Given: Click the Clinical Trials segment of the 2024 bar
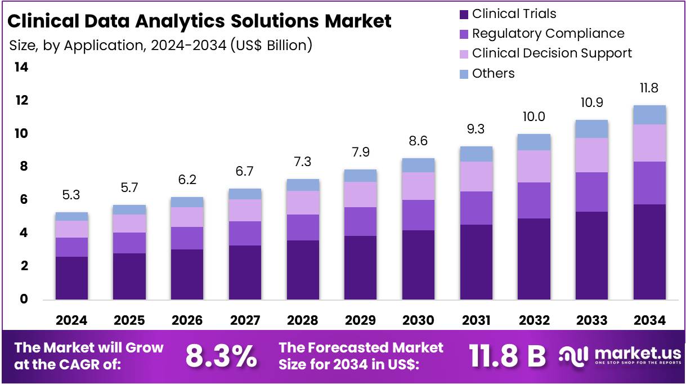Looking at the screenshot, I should pyautogui.click(x=71, y=278).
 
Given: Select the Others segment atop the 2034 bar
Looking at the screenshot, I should pyautogui.click(x=649, y=115).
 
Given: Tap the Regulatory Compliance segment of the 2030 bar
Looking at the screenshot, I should pyautogui.click(x=418, y=215).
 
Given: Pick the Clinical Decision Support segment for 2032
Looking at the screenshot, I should pyautogui.click(x=534, y=166).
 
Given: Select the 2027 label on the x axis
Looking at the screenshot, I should pyautogui.click(x=245, y=320).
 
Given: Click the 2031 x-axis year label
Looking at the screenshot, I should pyautogui.click(x=476, y=320).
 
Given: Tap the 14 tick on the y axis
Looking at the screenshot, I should pyautogui.click(x=21, y=68).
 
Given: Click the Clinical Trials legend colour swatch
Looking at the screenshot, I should pyautogui.click(x=464, y=14).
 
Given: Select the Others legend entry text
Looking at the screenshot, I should pyautogui.click(x=493, y=74).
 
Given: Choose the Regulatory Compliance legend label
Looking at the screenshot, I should pyautogui.click(x=548, y=34).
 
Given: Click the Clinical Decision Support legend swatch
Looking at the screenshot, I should pyautogui.click(x=464, y=54).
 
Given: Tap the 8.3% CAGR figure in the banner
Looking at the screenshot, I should pyautogui.click(x=221, y=356).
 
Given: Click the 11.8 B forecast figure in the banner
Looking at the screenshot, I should pyautogui.click(x=507, y=356).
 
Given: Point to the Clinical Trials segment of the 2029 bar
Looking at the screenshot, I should pyautogui.click(x=360, y=267).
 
